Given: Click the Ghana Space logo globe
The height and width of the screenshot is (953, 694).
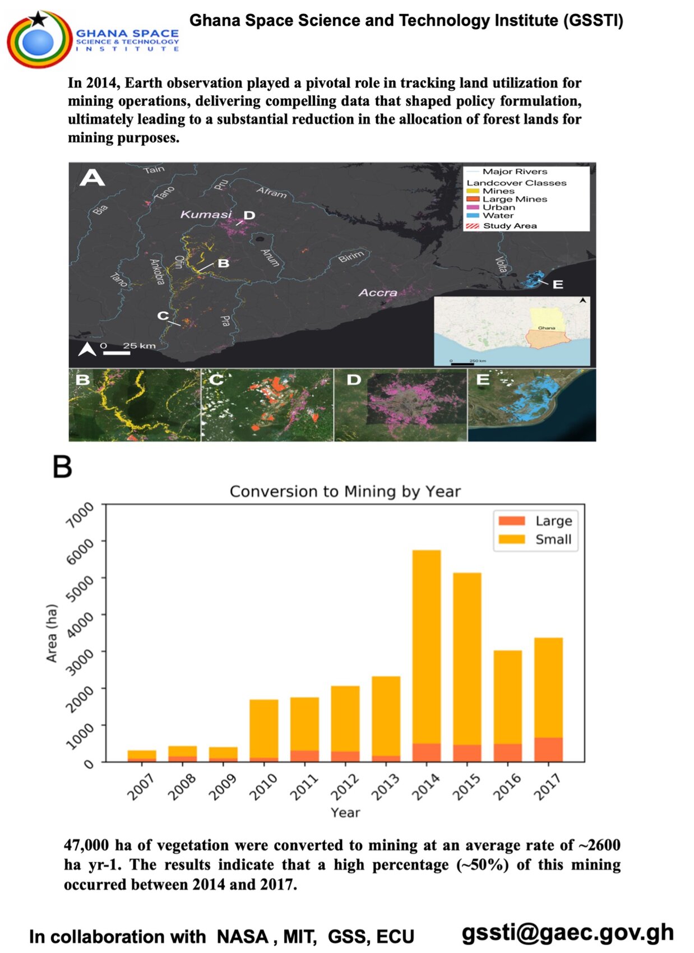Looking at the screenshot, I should tap(38, 40).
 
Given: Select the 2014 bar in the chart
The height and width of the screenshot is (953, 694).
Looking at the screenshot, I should tap(426, 656).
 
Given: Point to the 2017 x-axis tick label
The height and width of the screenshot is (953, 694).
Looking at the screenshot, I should tap(548, 786).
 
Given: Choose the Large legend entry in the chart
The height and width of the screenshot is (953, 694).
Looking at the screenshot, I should tap(535, 521).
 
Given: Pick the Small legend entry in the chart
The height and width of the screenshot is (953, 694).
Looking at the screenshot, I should tap(535, 539).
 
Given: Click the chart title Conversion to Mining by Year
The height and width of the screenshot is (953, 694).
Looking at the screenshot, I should tap(345, 492).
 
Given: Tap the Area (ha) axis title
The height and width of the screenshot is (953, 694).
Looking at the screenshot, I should tap(52, 633).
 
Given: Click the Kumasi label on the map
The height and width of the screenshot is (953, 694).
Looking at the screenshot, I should tap(206, 214).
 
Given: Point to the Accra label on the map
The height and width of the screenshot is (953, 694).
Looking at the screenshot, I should tap(378, 293).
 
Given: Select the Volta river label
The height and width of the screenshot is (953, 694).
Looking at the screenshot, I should tap(501, 265).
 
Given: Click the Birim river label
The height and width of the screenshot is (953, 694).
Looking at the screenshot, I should tap(351, 257).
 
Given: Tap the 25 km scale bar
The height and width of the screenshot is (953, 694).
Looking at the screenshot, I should tap(117, 352).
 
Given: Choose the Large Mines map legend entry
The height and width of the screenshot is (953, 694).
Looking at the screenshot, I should tap(513, 199).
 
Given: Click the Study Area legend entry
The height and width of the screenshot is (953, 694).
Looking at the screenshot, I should tap(508, 226).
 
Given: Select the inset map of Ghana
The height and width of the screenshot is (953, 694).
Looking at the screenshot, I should tap(512, 331).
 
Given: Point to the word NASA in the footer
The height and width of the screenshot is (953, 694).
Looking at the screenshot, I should tap(242, 937).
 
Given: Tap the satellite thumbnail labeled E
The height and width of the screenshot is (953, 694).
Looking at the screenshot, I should tap(531, 405).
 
